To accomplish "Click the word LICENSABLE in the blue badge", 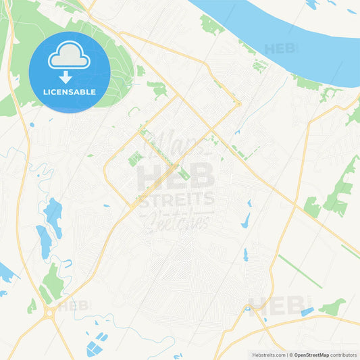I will point(70,92).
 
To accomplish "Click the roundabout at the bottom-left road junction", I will point(49,312).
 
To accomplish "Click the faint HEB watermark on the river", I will point(280,49).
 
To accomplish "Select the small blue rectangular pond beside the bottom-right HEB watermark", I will point(307,311).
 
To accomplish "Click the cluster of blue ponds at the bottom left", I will point(97,344).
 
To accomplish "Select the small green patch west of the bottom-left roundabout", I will point(32,306).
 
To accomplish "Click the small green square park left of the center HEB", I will point(135,158).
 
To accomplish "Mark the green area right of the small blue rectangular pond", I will point(333,308).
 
